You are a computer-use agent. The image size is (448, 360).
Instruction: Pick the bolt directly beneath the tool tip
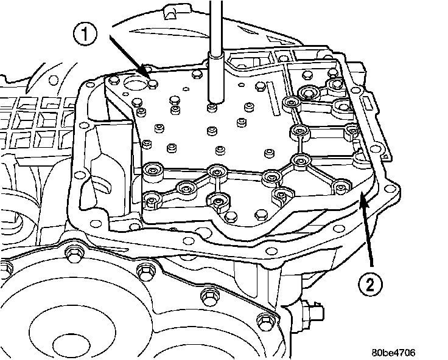point(212,108)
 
